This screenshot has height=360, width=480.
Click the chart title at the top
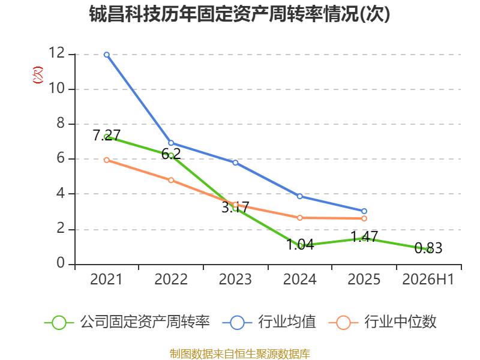coord(239,14)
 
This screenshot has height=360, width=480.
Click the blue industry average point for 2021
coord(107,55)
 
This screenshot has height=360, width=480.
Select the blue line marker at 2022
coord(171,143)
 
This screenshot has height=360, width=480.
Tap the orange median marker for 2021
coord(107,160)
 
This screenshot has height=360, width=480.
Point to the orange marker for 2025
coord(364,218)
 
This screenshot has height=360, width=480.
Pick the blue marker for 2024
coord(300,196)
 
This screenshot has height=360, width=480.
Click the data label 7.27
coord(107,135)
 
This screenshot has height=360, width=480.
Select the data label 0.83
coord(428,248)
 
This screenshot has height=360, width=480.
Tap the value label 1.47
coord(364,236)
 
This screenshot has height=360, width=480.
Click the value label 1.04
coord(300,244)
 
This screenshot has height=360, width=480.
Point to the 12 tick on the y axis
coord(57,53)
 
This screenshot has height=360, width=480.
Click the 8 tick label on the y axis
coord(61,123)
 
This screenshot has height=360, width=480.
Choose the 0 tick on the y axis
coord(61,263)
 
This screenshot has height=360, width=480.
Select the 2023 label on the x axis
coord(235,279)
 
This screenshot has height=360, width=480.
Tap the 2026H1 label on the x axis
coord(428,279)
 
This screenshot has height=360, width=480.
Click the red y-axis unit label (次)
coord(38,75)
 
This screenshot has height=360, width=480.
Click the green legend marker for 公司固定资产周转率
coord(59,323)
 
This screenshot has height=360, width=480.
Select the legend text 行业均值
coord(287,322)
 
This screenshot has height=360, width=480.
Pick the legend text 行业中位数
coord(400,322)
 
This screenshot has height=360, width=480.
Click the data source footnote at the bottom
coord(240,353)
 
